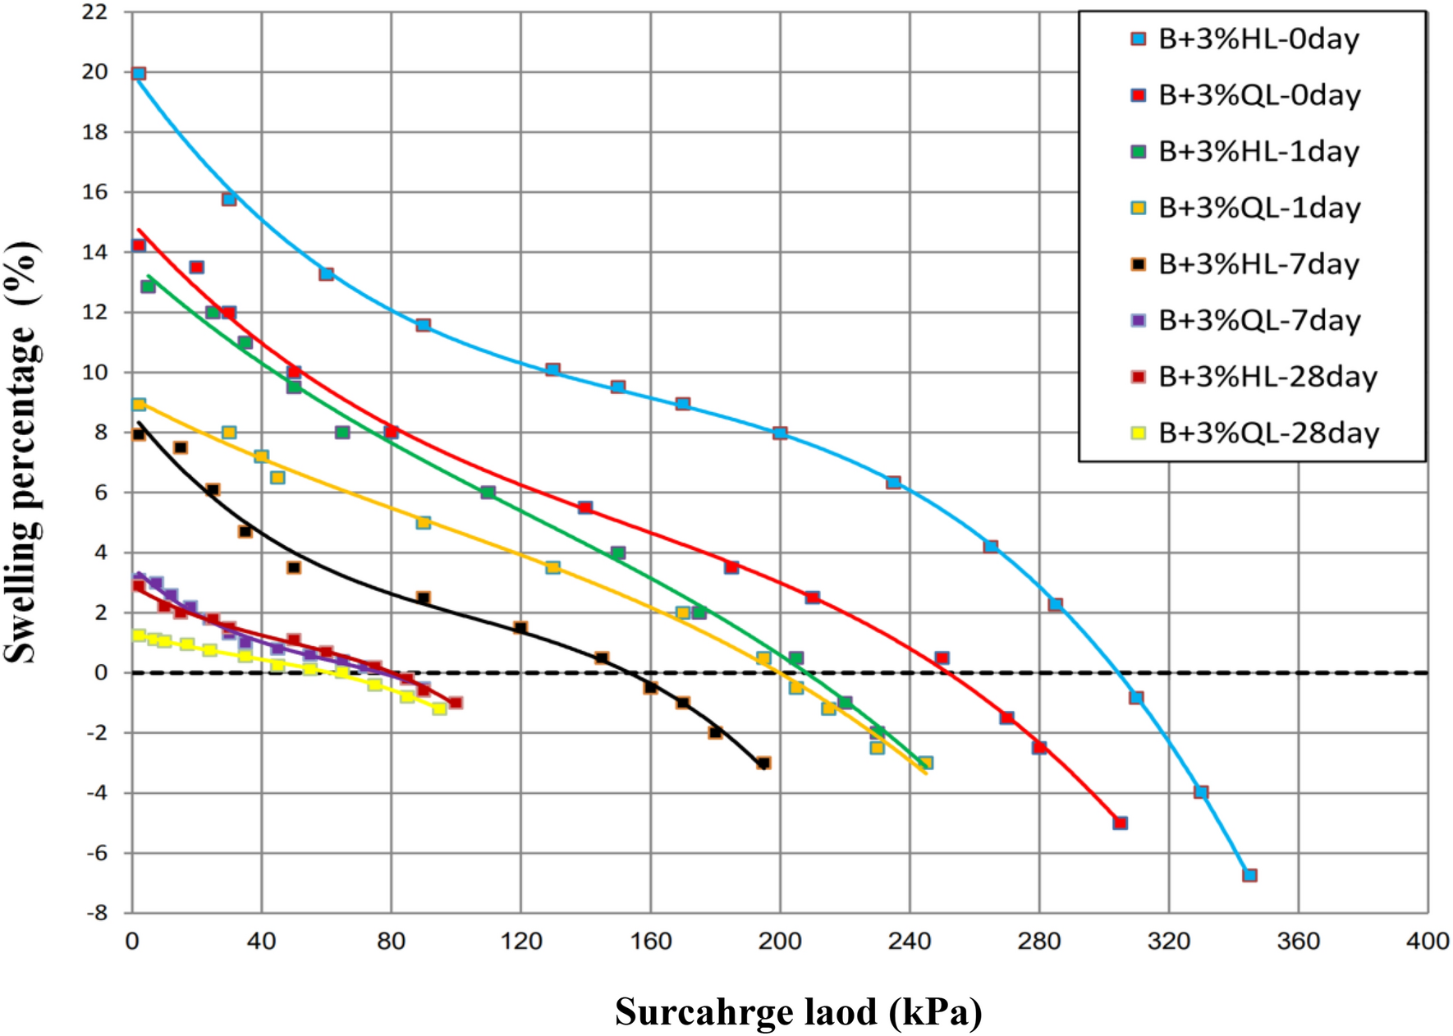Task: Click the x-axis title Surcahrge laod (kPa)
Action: tap(798, 1011)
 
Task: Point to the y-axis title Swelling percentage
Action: tap(22, 451)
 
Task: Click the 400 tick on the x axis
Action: tap(1428, 941)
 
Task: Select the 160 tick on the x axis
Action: tap(650, 941)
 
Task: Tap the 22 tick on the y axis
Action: tap(95, 12)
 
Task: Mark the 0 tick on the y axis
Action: tap(101, 673)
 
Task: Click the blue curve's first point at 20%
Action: tap(139, 74)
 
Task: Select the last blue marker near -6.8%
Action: tap(1249, 875)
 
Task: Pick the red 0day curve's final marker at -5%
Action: tap(1120, 823)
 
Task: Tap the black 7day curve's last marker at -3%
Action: tap(763, 763)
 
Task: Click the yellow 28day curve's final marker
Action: tap(440, 708)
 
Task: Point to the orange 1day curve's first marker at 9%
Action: tap(139, 405)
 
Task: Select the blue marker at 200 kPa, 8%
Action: tap(780, 433)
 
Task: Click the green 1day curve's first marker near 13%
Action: tap(148, 287)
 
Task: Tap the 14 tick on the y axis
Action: tap(95, 252)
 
